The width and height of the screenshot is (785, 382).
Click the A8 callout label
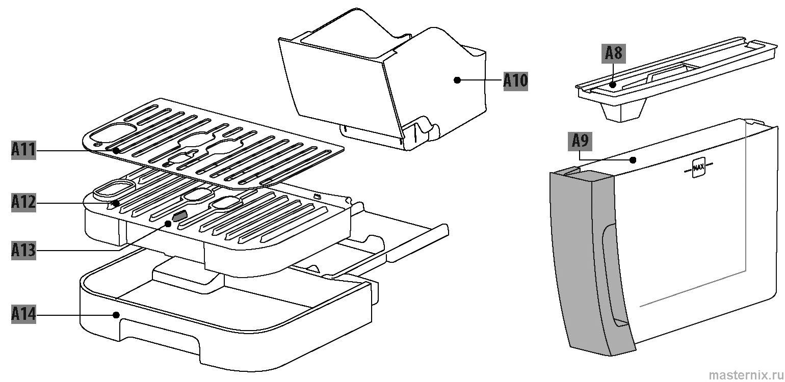click(x=614, y=53)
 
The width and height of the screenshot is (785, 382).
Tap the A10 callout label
click(x=515, y=80)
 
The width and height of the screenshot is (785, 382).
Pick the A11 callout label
click(x=23, y=151)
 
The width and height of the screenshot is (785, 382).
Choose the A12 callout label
click(x=23, y=203)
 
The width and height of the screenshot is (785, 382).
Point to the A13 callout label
click(x=23, y=251)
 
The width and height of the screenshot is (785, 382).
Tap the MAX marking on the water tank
click(x=698, y=167)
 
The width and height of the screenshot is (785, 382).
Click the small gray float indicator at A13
click(x=180, y=217)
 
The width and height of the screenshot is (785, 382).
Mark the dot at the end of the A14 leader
click(x=117, y=315)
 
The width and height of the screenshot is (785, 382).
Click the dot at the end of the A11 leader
click(x=116, y=151)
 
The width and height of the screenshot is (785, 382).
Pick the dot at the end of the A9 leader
click(x=633, y=160)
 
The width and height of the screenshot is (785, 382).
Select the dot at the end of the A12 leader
click(x=117, y=203)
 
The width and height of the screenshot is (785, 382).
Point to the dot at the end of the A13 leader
click(x=168, y=223)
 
